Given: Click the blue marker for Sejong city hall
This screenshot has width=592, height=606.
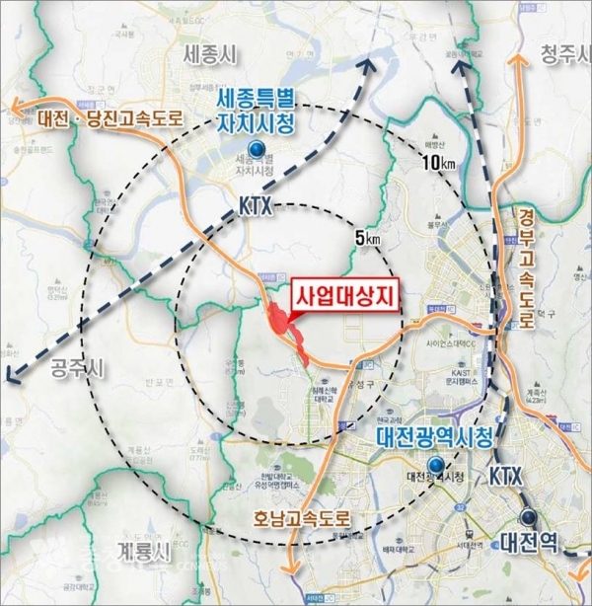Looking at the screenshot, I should click(257, 148).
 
